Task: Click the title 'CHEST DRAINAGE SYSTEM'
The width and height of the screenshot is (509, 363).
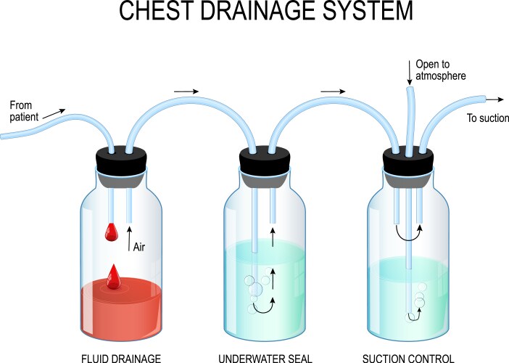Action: point(255,12)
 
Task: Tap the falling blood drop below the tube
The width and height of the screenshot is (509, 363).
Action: point(111,232)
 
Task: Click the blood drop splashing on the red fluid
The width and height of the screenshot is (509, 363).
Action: point(114,277)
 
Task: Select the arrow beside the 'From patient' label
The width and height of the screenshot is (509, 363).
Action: point(53,113)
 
